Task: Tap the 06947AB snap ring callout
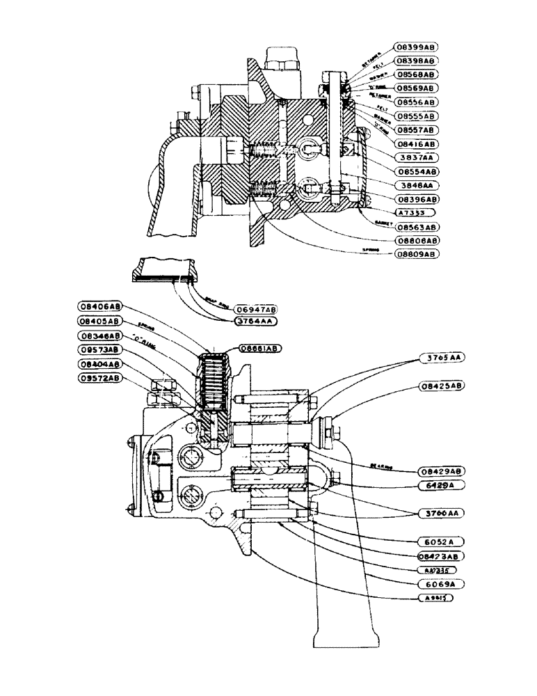(255, 308)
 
